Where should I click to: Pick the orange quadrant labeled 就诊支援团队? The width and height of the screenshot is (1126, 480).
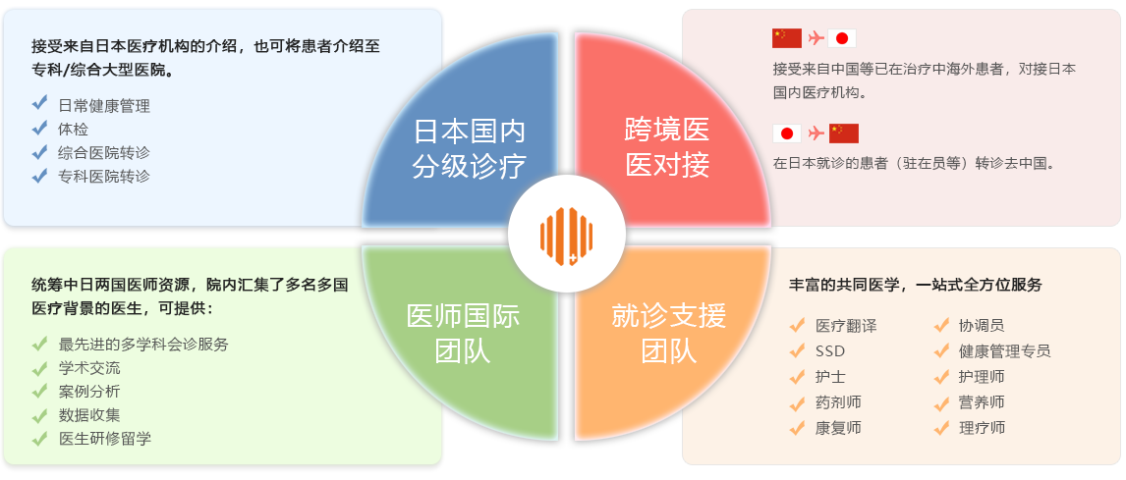pos(669,332)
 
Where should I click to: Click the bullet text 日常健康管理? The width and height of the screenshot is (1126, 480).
pos(104,106)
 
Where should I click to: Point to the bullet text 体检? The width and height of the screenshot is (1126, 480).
pos(73,130)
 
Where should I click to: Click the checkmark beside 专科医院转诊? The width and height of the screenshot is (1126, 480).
pos(40,176)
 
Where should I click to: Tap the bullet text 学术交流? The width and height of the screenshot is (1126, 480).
pos(89,368)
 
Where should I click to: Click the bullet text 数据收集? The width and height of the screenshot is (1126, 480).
pos(89,415)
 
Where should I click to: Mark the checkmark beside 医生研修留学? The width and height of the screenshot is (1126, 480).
pos(40,438)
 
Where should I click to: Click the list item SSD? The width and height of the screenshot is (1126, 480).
pos(829,351)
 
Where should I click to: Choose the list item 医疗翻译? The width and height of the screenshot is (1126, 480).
pos(845,326)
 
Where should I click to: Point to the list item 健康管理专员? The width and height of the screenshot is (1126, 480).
pos(1004,351)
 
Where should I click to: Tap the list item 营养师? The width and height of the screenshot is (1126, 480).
pos(982,402)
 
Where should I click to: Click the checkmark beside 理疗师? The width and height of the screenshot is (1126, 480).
pos(940,428)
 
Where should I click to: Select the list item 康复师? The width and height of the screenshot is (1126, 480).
pos(838,428)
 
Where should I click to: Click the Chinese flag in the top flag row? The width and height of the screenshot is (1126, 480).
pos(787,38)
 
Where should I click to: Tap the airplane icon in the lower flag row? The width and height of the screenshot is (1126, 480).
pos(816,133)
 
